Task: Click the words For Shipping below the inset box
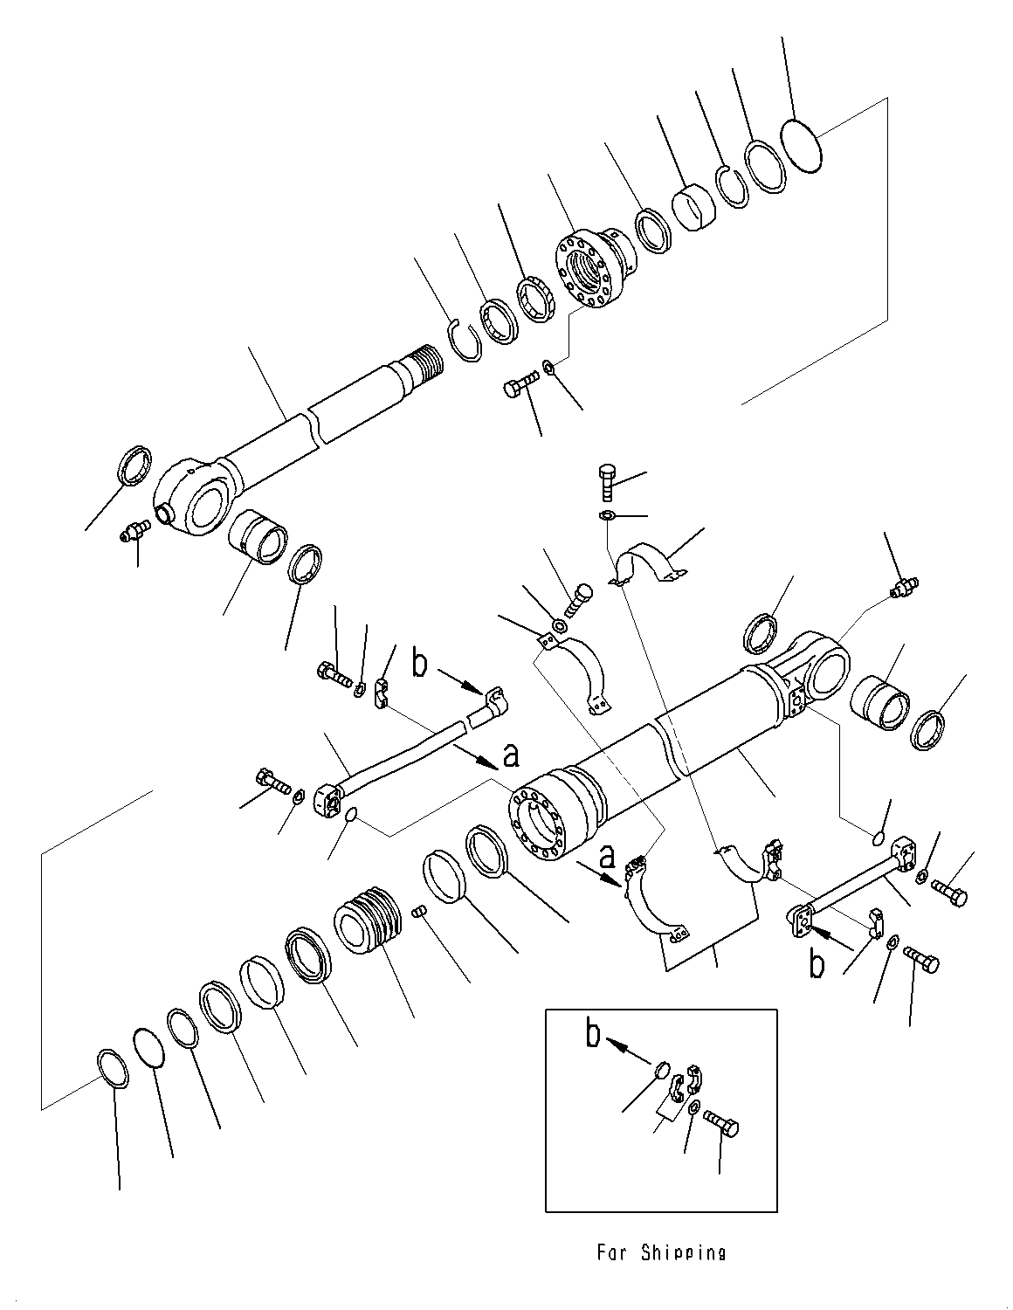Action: point(661,1251)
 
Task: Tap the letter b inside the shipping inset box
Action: point(593,1035)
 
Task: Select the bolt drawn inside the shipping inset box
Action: point(720,1123)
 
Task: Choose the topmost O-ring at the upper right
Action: point(800,146)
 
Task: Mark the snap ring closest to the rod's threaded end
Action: point(465,341)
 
